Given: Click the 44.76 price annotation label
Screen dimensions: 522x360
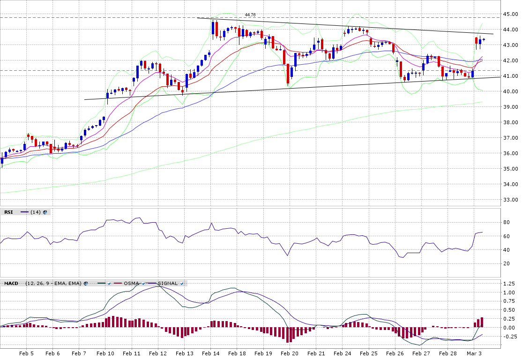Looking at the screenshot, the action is (250, 15).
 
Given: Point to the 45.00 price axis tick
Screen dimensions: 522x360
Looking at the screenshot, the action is (510, 15).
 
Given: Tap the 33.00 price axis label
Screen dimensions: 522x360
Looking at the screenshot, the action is (510, 200).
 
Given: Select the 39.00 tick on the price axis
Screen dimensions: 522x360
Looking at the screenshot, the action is (510, 107).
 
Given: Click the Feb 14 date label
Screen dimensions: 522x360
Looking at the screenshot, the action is (211, 353).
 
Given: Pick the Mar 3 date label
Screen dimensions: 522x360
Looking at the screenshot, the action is (474, 353).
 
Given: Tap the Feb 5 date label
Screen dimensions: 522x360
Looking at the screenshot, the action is (26, 353).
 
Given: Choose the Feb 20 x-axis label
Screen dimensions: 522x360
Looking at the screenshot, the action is (290, 353).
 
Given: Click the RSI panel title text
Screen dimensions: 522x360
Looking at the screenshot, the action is (8, 212).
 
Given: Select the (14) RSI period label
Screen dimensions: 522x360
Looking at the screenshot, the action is (36, 212).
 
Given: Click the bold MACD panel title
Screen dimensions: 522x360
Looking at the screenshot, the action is (11, 284).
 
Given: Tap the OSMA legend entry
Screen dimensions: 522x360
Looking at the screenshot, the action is (131, 284).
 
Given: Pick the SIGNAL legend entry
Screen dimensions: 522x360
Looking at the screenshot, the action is (167, 284).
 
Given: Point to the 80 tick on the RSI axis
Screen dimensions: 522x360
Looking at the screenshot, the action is (507, 223).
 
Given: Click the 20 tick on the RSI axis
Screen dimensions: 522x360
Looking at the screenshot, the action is (507, 264).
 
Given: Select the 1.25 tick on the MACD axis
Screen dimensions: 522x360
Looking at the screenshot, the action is (509, 284).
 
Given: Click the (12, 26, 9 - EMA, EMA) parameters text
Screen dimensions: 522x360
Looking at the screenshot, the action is (53, 284).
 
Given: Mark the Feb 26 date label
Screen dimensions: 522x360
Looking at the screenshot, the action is (395, 353).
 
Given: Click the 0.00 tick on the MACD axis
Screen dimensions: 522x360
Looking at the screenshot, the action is (509, 328).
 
